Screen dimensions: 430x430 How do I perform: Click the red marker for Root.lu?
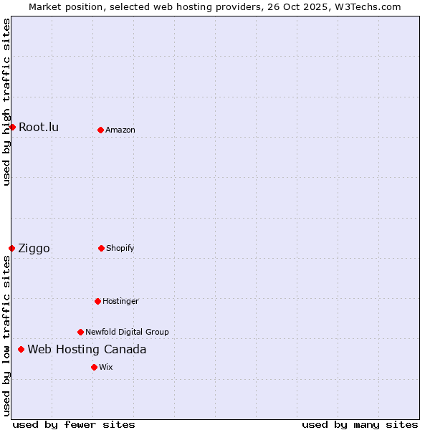pyautogui.click(x=12, y=127)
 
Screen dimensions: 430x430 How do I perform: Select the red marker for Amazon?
pyautogui.click(x=100, y=130)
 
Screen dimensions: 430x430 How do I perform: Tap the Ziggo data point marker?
pyautogui.click(x=11, y=248)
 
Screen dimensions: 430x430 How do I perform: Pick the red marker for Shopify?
pyautogui.click(x=101, y=248)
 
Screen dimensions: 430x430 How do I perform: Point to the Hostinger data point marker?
pyautogui.click(x=97, y=301)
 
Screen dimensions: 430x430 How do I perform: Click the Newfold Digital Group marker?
pyautogui.click(x=80, y=332)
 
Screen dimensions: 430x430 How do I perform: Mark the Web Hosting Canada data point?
pyautogui.click(x=21, y=349)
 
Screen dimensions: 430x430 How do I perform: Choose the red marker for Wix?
pyautogui.click(x=94, y=367)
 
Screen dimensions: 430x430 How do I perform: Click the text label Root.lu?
pyautogui.click(x=39, y=128)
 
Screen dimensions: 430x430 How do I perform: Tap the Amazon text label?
pyautogui.click(x=120, y=130)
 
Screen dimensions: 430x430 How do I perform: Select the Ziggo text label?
pyautogui.click(x=34, y=249)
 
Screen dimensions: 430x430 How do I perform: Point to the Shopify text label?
pyautogui.click(x=120, y=248)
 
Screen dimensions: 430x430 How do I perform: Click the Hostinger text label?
pyautogui.click(x=120, y=301)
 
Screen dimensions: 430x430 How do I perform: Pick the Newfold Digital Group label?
pyautogui.click(x=127, y=332)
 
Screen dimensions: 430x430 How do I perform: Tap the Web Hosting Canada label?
pyautogui.click(x=87, y=350)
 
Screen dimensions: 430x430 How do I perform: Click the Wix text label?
pyautogui.click(x=106, y=367)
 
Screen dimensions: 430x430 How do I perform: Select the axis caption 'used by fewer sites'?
pyautogui.click(x=74, y=424)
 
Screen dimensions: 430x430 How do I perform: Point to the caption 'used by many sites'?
pyautogui.click(x=360, y=424)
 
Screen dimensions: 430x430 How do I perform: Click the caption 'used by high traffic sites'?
pyautogui.click(x=6, y=102)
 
